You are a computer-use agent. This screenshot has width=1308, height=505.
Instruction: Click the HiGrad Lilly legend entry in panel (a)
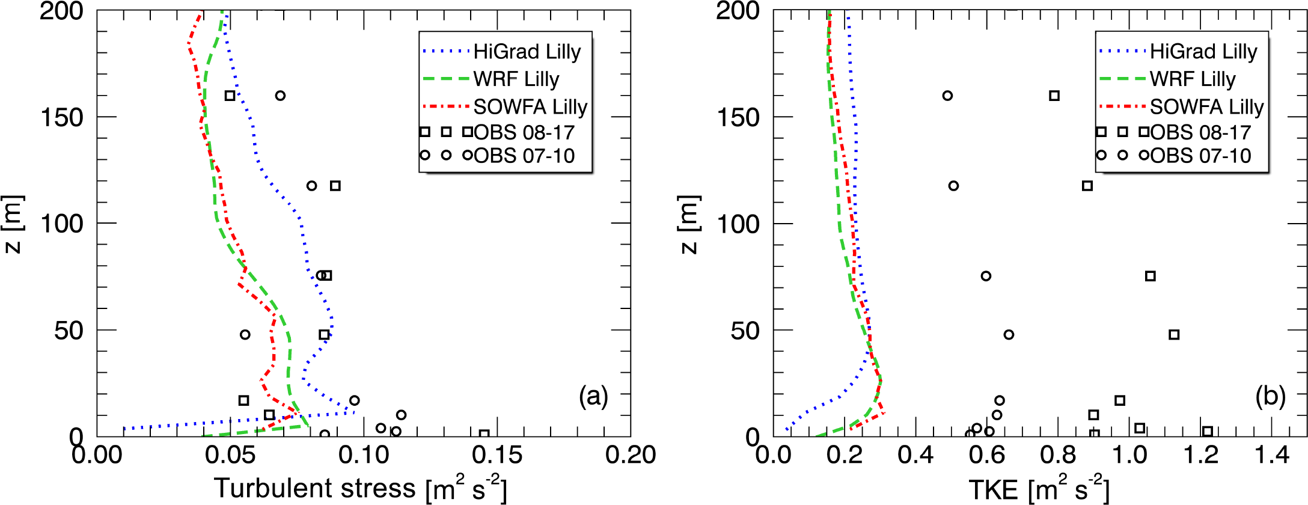coord(527,52)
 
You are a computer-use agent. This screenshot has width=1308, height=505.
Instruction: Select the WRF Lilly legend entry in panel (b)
coord(1193,79)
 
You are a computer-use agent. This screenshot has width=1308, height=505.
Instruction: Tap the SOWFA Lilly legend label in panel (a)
coord(530,107)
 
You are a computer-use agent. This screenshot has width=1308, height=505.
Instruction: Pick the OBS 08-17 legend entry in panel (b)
coord(1200,132)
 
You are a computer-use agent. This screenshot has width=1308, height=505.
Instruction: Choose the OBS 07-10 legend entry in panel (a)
coord(524,156)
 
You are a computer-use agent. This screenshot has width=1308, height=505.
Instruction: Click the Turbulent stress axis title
coord(360,488)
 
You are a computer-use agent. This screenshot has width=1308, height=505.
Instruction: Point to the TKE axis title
coord(1039,489)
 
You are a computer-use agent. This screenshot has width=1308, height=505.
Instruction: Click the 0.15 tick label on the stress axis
coord(497,455)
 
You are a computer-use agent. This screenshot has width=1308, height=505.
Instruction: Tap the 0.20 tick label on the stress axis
coord(631,455)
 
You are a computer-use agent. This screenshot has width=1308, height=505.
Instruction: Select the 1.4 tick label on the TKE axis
coord(1271,455)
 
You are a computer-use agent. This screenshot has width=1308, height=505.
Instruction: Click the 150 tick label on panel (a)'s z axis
coord(61,117)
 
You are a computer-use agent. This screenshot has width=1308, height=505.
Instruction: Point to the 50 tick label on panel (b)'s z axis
coord(745,331)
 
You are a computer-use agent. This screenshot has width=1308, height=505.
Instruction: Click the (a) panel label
coord(593,397)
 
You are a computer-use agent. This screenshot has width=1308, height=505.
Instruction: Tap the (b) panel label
coord(1270,397)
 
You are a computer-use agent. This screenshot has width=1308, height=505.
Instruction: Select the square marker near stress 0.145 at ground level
coord(484,434)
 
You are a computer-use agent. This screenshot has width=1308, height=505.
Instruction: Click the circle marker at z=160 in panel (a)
coord(280,96)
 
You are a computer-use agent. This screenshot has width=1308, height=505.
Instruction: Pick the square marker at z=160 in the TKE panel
coord(1054,96)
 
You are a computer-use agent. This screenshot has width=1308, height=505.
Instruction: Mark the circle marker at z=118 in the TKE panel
coord(953,186)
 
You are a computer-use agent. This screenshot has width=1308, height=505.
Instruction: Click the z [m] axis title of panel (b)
coord(688,224)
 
